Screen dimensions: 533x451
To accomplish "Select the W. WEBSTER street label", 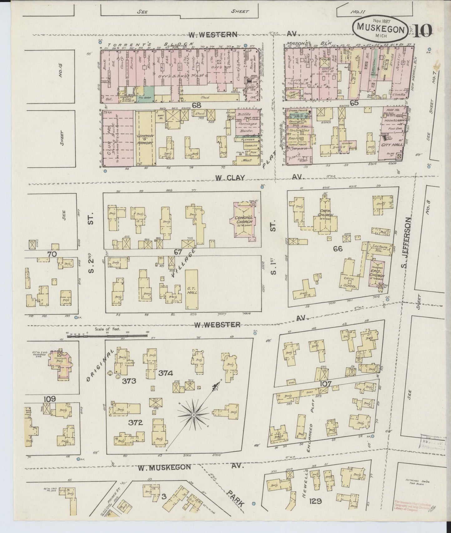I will coord(217,325).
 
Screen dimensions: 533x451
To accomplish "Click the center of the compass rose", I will coord(194,415).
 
